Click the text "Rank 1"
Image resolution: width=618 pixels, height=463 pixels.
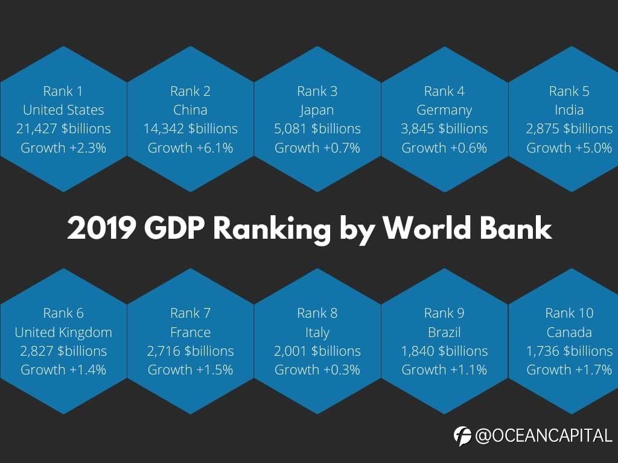point(63,91)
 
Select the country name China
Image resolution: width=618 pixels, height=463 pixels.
point(190,110)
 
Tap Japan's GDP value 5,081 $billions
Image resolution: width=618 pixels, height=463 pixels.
point(317,128)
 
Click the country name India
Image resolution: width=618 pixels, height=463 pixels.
point(569,110)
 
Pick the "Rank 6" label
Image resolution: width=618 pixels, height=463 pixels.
point(63,313)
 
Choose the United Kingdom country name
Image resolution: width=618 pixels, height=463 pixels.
point(63,332)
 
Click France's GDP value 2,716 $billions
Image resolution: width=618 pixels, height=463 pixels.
point(190,351)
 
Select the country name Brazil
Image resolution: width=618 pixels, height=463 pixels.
point(444,332)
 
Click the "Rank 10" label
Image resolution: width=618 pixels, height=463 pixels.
point(569,313)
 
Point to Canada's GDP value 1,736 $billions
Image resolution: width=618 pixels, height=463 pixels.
point(569,351)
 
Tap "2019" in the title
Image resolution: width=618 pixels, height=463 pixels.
point(100,228)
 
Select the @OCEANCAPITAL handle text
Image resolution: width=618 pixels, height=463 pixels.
point(544,435)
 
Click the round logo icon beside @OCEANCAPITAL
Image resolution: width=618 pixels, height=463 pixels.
point(463,435)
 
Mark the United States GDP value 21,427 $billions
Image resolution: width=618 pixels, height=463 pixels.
point(63,128)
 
